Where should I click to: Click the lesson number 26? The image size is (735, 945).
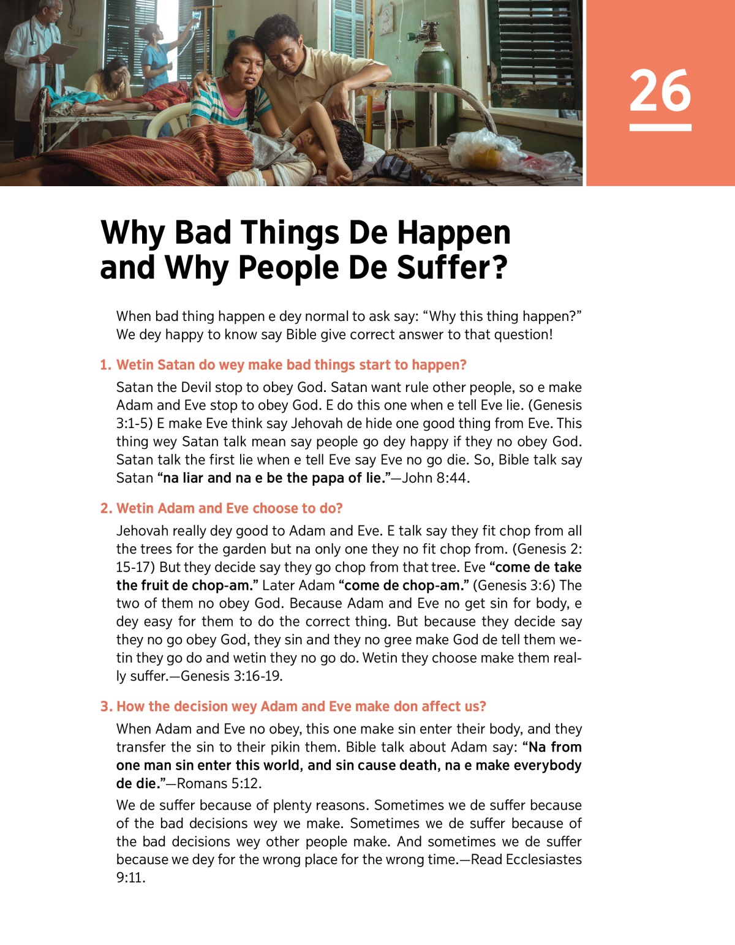660,91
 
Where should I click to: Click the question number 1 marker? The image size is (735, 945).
105,365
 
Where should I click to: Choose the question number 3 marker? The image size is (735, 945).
105,707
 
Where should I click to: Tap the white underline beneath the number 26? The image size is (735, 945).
660,127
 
